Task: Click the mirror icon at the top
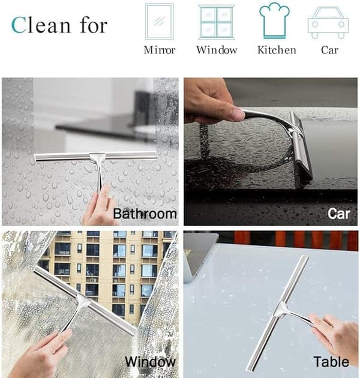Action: (159, 22)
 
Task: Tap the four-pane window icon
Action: (216, 22)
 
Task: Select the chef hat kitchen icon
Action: (274, 20)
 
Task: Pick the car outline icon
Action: (328, 23)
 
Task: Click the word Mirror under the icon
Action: (160, 50)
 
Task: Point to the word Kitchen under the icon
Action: (277, 50)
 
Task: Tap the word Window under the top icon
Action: (217, 50)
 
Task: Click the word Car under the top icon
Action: (329, 50)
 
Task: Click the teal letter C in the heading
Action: (18, 25)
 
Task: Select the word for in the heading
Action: (94, 25)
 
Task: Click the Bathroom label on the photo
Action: (145, 214)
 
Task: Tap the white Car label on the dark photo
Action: (338, 214)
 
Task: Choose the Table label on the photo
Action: (331, 362)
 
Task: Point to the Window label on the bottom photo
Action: (150, 362)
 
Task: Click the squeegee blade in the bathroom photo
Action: (95, 156)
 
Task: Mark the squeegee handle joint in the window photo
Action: (83, 301)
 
